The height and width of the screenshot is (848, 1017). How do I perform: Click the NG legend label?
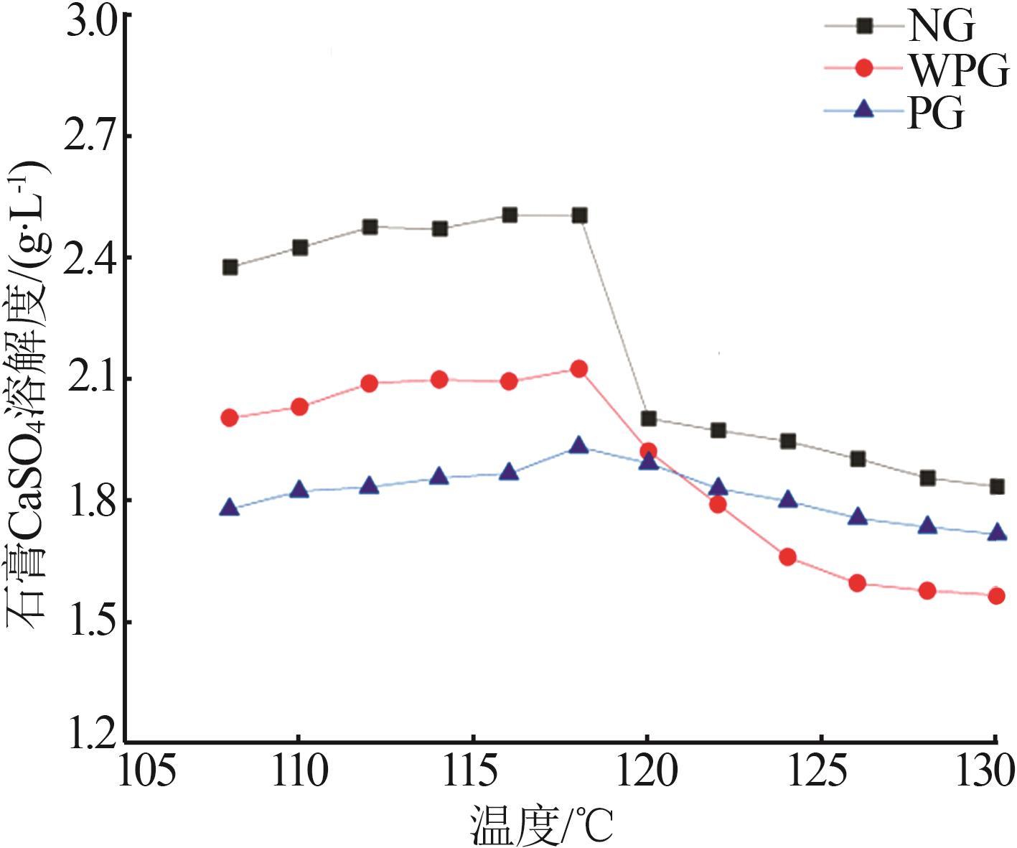click(941, 27)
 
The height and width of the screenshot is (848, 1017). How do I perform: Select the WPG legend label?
click(957, 69)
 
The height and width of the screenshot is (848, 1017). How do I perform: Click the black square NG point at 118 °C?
click(580, 215)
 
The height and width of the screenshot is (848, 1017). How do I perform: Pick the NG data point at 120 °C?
click(649, 419)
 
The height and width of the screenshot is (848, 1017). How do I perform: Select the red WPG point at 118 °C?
click(579, 369)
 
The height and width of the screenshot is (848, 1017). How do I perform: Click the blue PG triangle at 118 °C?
click(579, 446)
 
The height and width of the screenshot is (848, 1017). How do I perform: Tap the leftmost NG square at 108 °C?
click(230, 267)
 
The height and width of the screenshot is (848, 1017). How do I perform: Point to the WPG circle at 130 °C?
click(996, 595)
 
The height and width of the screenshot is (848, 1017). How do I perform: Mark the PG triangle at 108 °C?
click(230, 508)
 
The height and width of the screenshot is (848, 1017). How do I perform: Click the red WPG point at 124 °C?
click(787, 557)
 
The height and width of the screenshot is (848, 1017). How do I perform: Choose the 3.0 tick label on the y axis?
click(89, 19)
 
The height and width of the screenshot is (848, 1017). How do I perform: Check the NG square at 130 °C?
click(996, 487)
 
